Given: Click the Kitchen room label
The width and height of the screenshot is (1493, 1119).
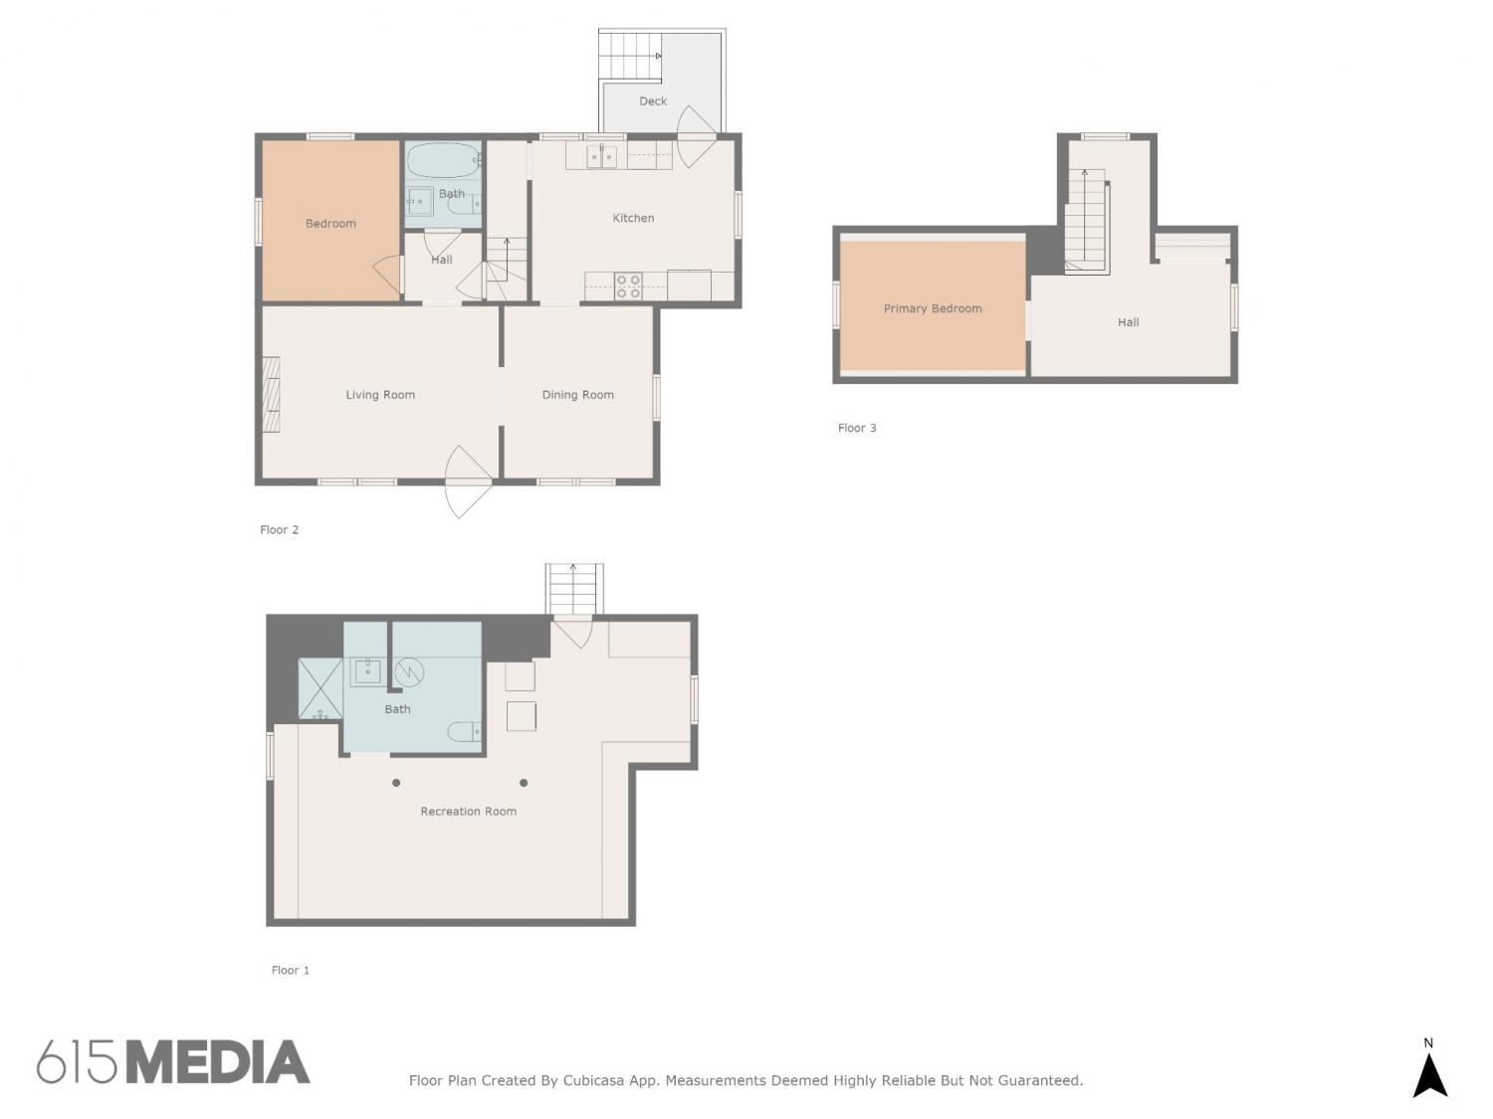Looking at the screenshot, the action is (x=633, y=218).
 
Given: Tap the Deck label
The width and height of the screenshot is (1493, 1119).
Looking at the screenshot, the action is (x=652, y=101).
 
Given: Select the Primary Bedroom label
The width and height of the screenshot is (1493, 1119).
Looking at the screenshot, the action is (x=932, y=308).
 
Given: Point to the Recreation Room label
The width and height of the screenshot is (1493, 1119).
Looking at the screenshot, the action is (x=468, y=812).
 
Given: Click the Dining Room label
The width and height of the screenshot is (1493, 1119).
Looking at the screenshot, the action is (x=577, y=395).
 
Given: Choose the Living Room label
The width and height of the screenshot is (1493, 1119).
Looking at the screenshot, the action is (x=380, y=395).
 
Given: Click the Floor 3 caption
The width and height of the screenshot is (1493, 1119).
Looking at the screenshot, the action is (x=857, y=428).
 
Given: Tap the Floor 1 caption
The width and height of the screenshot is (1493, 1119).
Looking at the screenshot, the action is (x=291, y=970).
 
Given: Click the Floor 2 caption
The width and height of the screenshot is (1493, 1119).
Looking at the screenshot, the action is (x=279, y=530).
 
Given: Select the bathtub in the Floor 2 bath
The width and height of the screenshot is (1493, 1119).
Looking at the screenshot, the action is (x=444, y=160).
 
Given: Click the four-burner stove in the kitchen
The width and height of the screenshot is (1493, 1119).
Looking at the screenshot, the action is (x=628, y=286).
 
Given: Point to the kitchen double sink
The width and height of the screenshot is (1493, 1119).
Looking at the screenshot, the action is (x=601, y=157).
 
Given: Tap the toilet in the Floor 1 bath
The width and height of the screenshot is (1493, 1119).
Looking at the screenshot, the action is (x=465, y=732).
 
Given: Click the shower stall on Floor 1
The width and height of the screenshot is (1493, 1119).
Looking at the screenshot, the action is (x=320, y=689).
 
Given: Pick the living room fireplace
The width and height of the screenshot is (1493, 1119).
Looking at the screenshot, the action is (x=272, y=395).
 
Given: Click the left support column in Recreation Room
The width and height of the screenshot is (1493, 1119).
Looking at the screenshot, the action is (x=396, y=783).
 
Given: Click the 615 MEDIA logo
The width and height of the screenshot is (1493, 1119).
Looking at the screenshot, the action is (x=173, y=1062).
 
